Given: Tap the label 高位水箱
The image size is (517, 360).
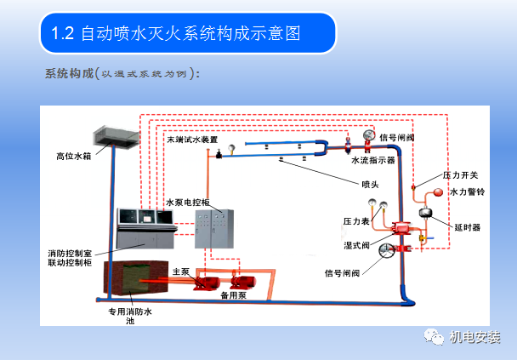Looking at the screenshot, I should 72,155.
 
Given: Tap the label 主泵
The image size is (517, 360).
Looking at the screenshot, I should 179,271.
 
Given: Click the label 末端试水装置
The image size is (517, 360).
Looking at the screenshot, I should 191,140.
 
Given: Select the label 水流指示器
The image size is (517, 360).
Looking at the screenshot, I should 372,159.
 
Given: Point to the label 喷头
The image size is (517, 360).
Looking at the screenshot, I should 370,183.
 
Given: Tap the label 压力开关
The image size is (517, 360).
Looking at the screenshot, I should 459,174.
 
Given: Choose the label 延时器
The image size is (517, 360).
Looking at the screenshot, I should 467,227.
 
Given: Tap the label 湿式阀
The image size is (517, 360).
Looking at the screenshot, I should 355,244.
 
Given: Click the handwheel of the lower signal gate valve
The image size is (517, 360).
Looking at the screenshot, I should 385,250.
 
